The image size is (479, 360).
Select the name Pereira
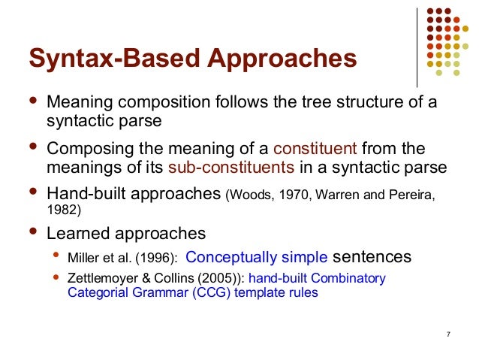410,195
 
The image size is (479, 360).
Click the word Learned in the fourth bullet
80,232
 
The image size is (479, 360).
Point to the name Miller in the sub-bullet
84,258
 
